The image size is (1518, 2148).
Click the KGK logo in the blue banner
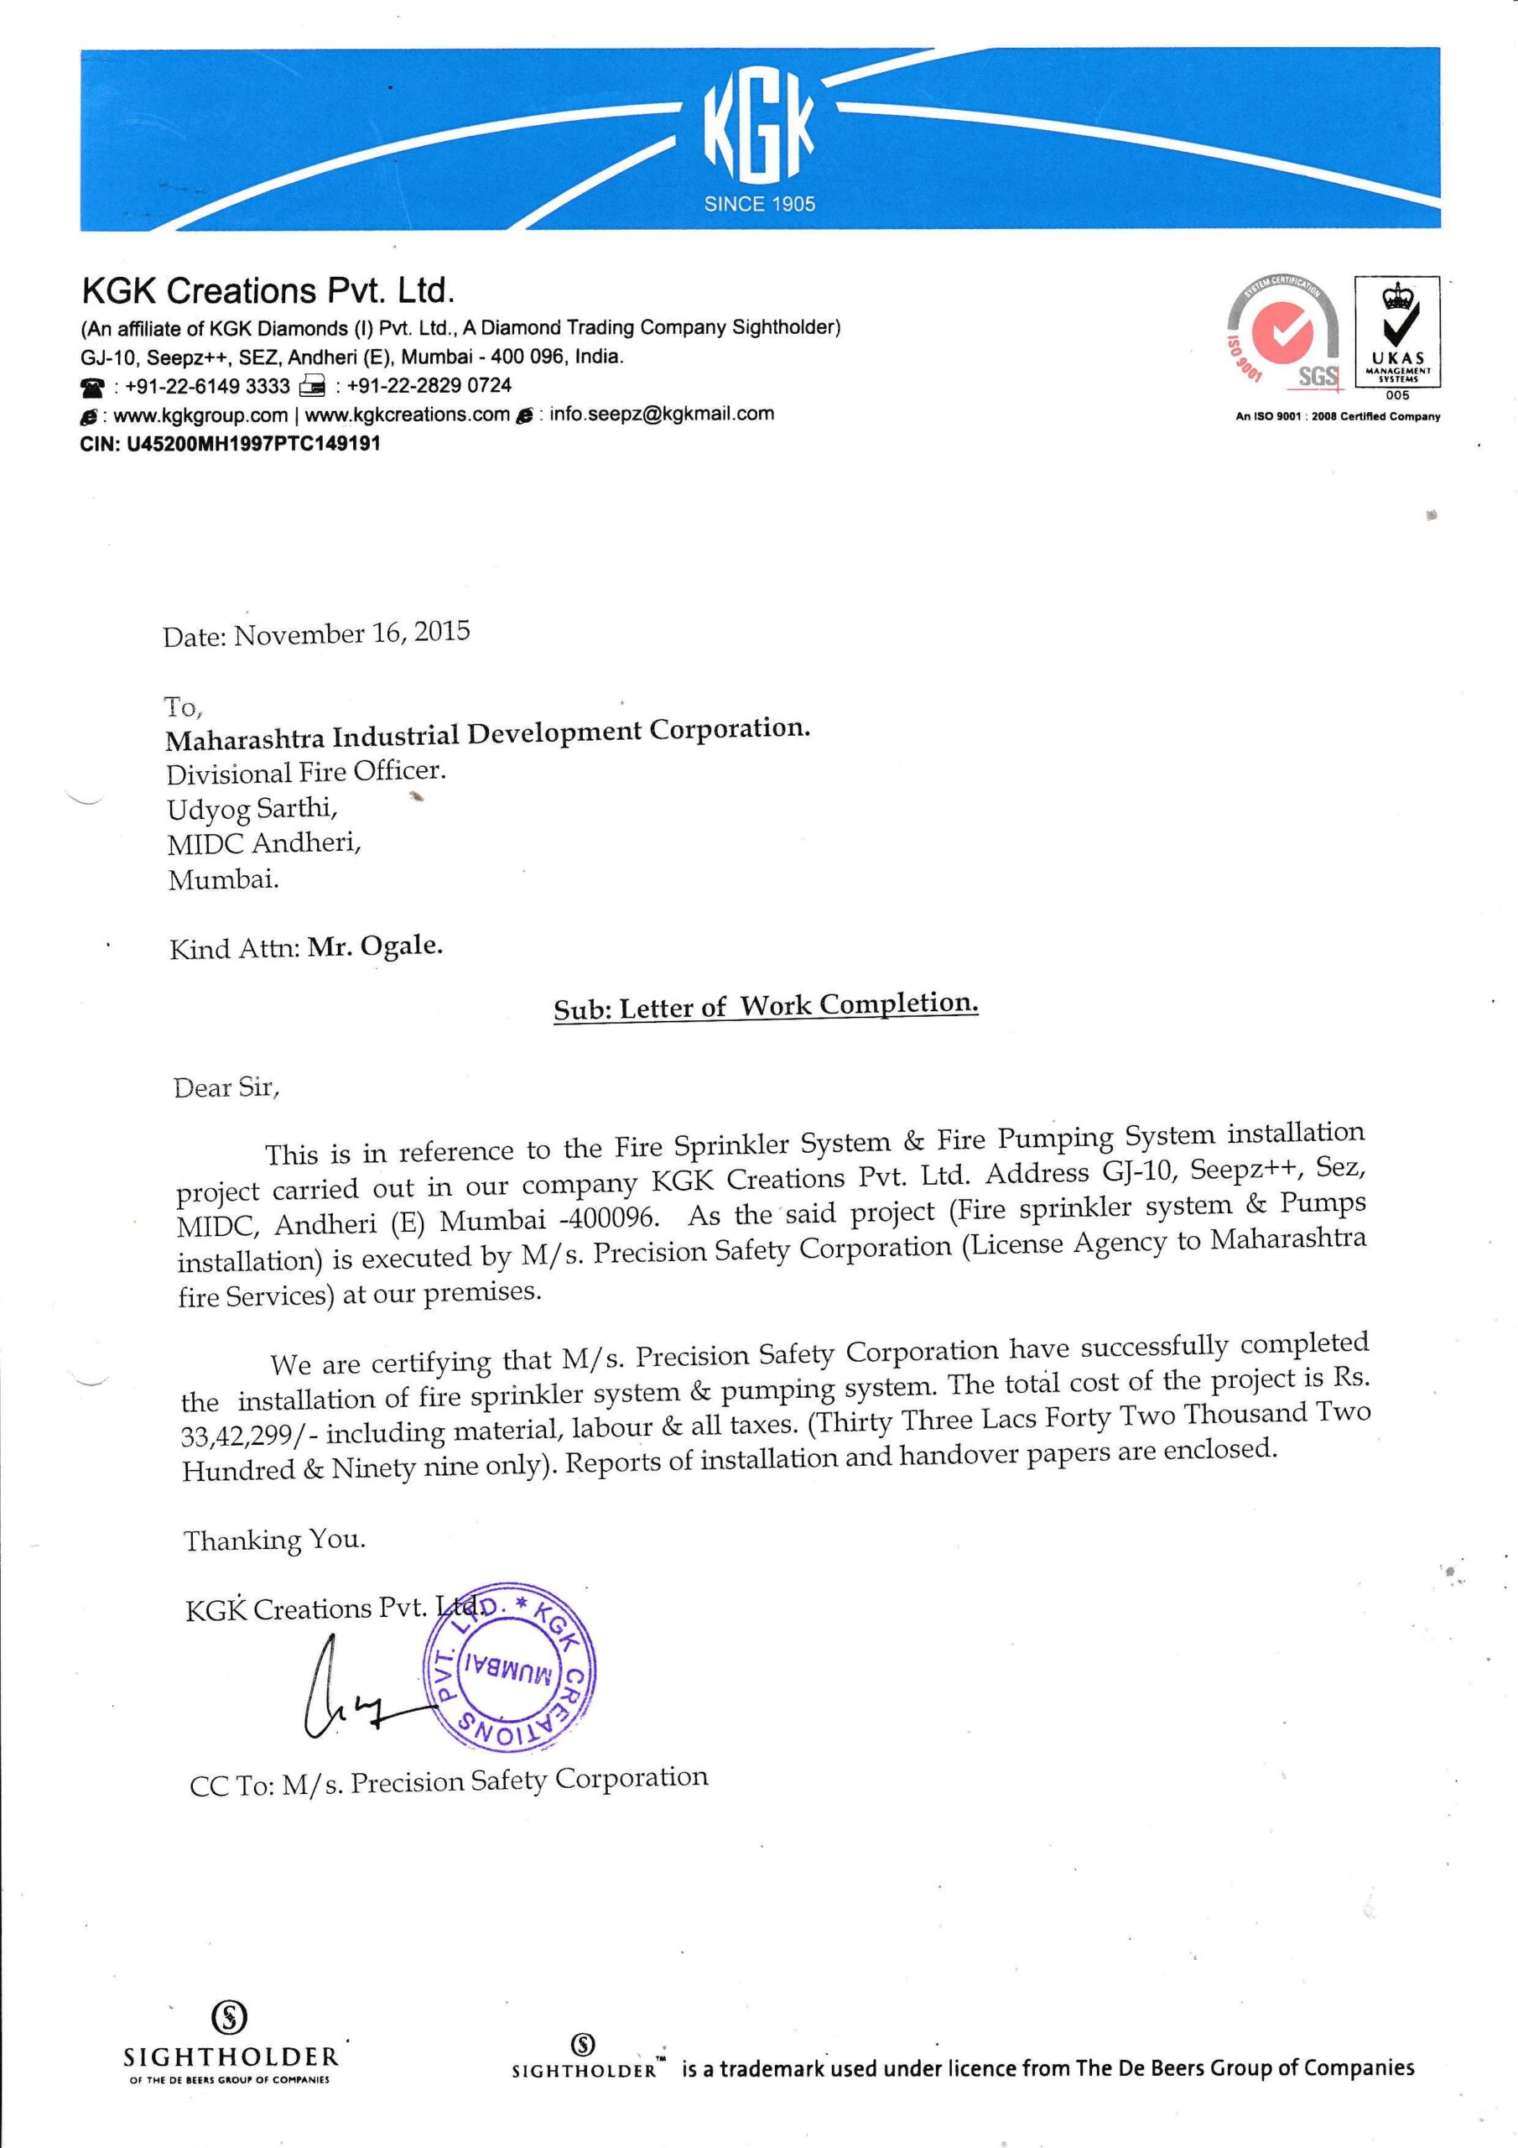758,131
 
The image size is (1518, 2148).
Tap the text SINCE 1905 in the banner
760,204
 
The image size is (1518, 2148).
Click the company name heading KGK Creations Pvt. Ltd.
268,292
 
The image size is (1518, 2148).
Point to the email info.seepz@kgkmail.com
661,414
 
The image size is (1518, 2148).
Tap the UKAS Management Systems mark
1397,336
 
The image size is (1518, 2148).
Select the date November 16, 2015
351,633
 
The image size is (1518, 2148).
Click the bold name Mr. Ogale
375,946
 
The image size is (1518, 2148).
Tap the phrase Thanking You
274,1540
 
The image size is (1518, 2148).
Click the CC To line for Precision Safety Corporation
449,1781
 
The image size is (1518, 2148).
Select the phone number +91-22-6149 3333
208,385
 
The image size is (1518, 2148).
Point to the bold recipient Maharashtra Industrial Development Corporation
487,733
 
